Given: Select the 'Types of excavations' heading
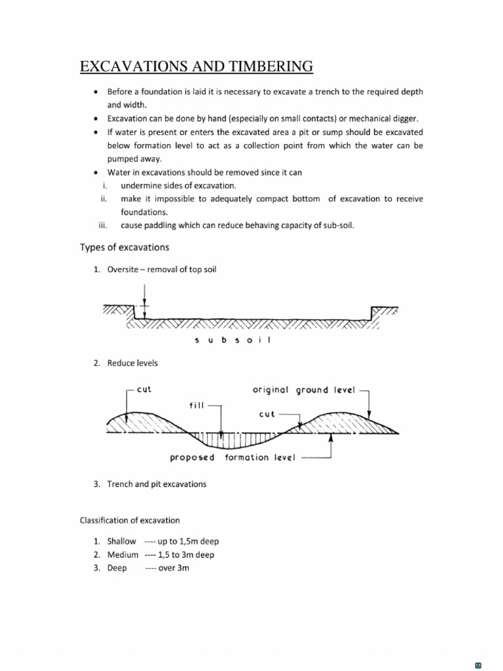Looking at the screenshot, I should pyautogui.click(x=124, y=247).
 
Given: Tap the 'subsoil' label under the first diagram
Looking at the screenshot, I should pyautogui.click(x=242, y=340).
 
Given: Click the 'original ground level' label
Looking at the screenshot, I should pyautogui.click(x=303, y=391).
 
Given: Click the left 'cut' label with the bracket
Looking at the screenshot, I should pyautogui.click(x=144, y=389).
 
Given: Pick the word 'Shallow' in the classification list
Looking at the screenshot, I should pyautogui.click(x=122, y=541).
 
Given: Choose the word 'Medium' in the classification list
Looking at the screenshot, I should pyautogui.click(x=123, y=554).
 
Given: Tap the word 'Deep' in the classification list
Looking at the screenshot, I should pyautogui.click(x=117, y=568).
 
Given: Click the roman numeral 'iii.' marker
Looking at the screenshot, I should pyautogui.click(x=102, y=225).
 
